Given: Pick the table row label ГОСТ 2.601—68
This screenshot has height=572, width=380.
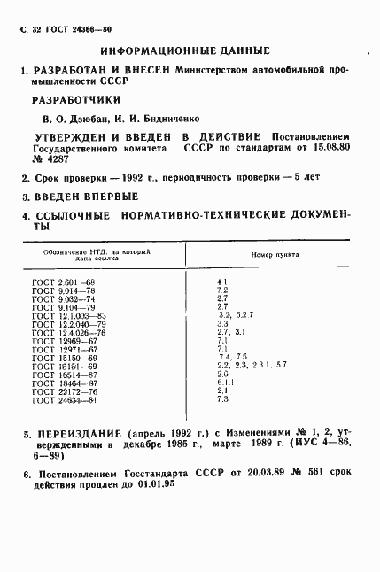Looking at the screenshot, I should (x=56, y=282).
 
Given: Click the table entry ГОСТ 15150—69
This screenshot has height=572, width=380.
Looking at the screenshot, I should (x=58, y=355).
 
